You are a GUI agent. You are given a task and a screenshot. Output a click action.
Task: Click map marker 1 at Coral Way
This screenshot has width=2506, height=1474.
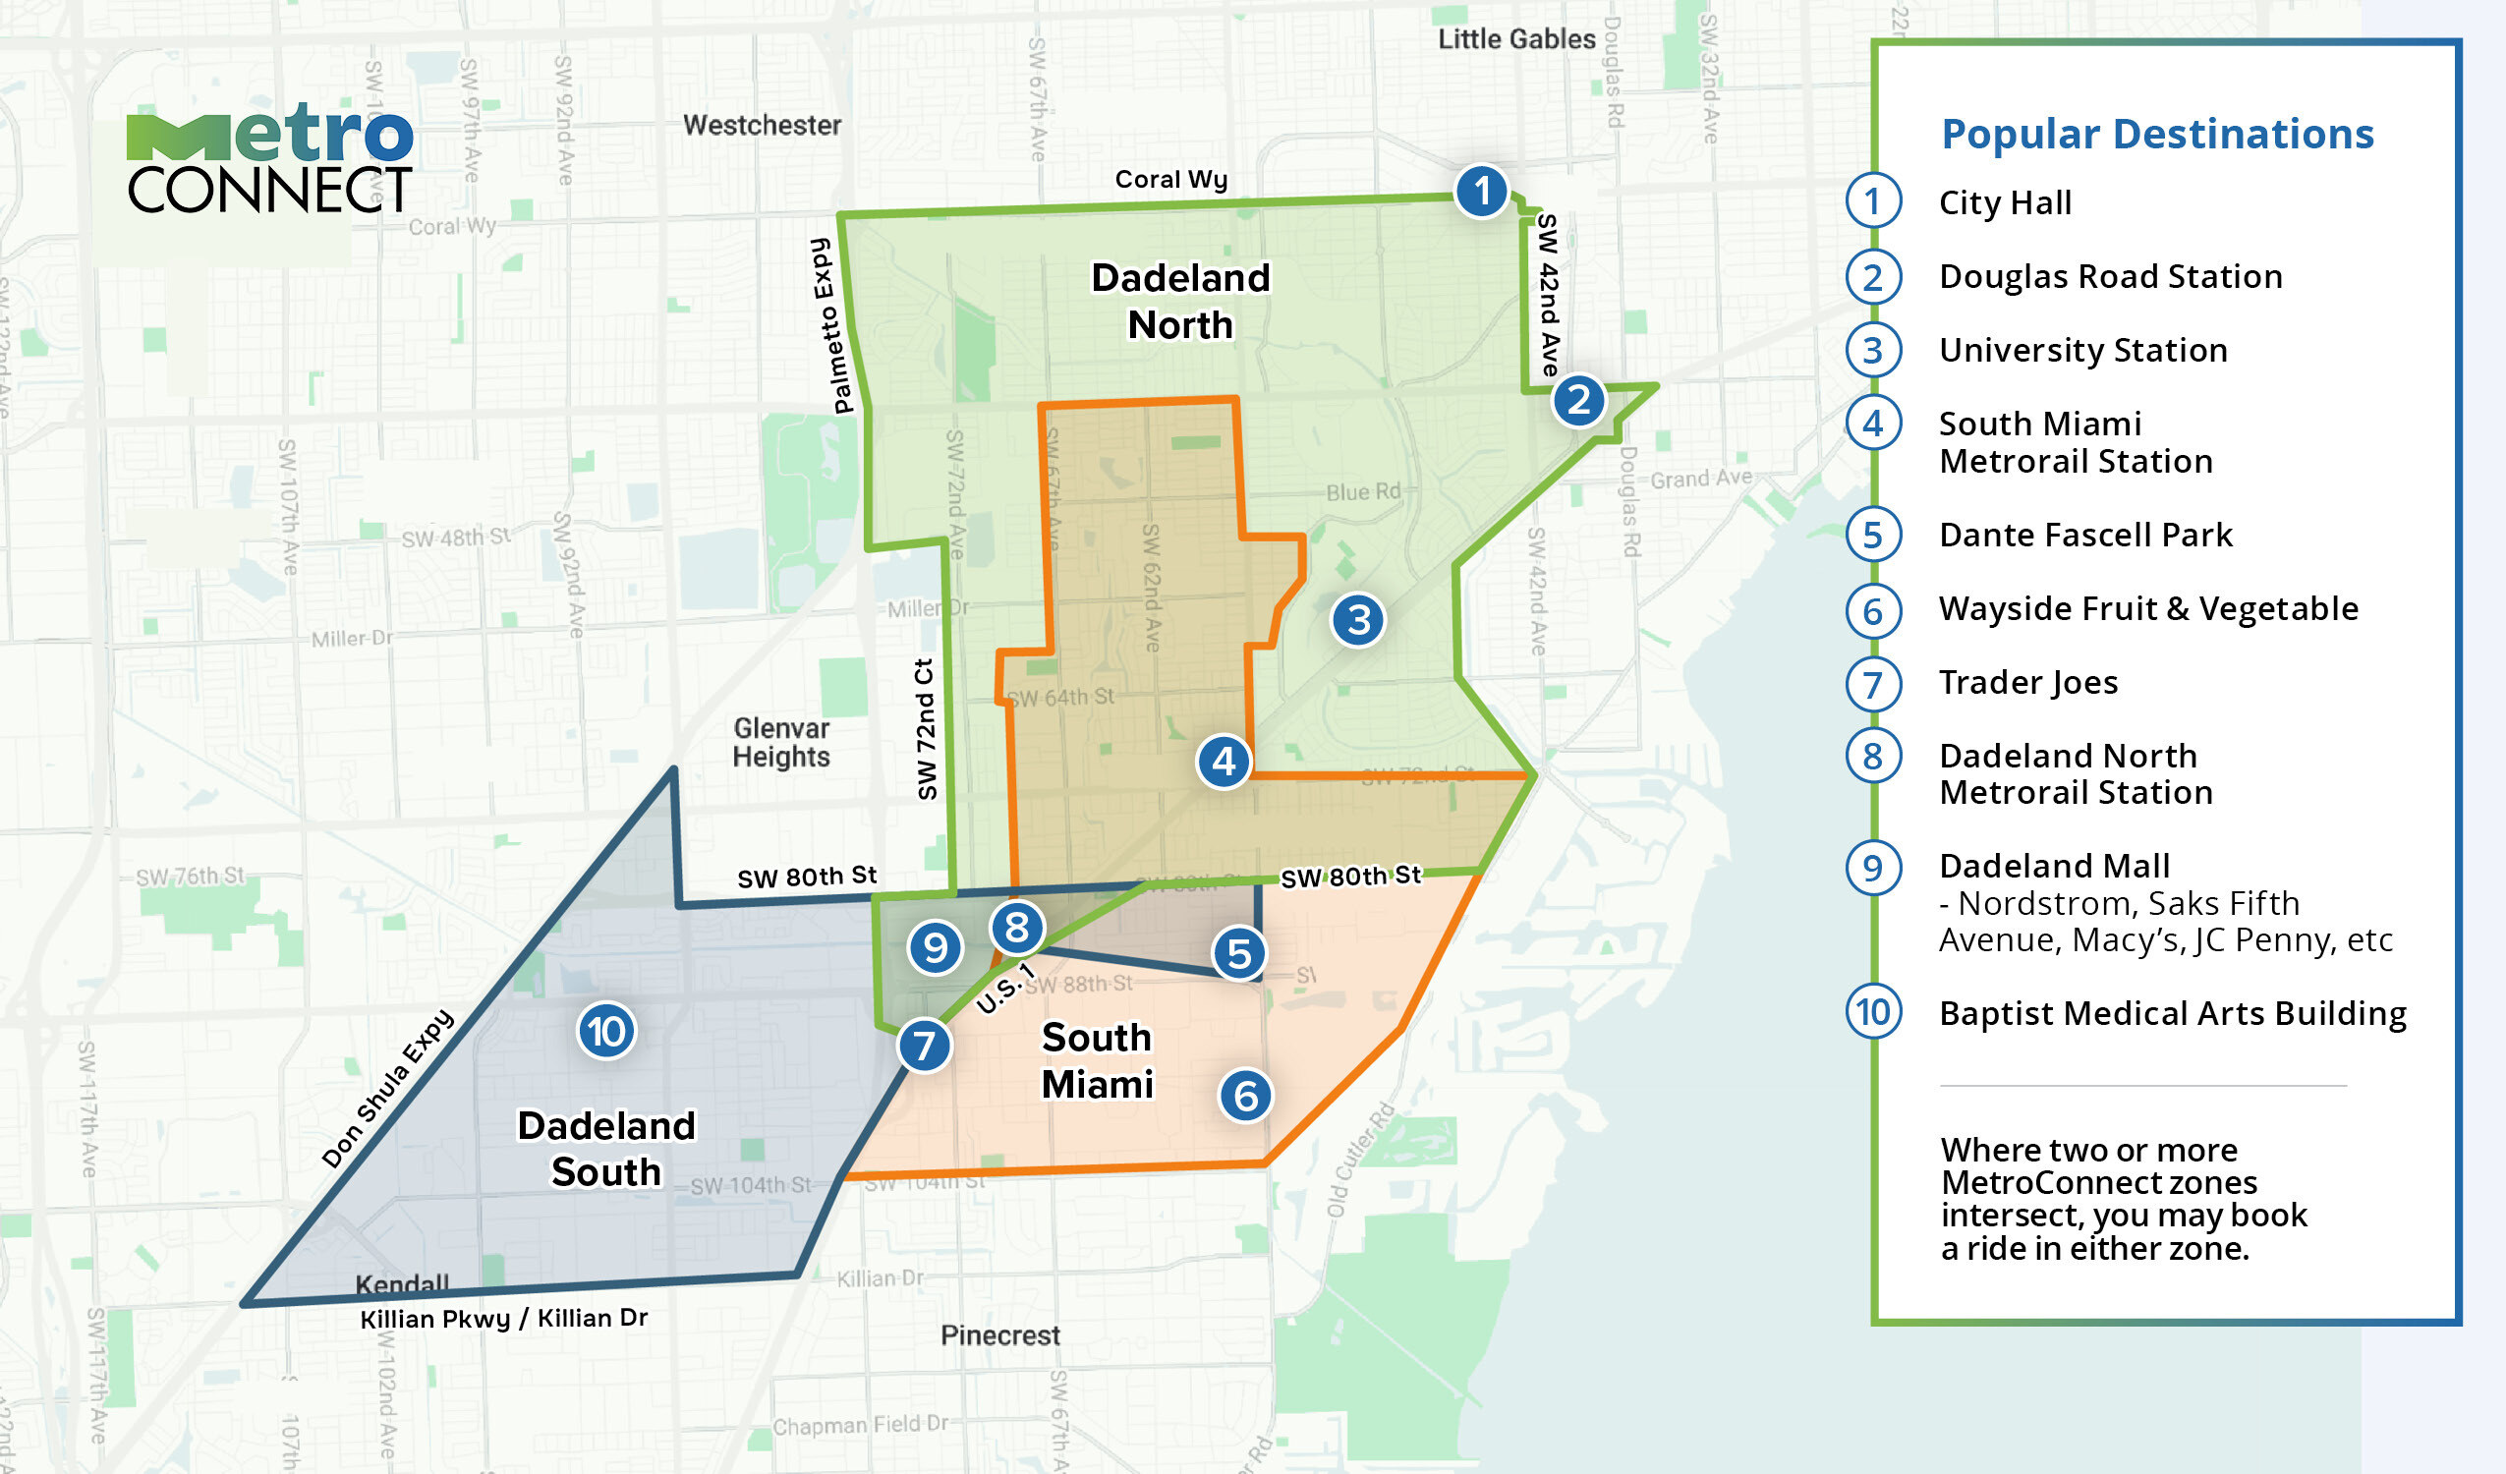tap(1482, 191)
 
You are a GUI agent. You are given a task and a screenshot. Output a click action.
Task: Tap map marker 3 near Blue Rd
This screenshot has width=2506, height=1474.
tap(1358, 620)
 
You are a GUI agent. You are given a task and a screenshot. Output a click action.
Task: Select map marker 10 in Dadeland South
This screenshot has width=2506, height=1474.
tap(606, 1032)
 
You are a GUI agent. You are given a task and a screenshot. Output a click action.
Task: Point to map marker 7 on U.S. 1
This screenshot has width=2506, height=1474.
tap(925, 1046)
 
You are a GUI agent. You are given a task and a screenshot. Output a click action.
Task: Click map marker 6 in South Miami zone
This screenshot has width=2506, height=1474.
tap(1245, 1096)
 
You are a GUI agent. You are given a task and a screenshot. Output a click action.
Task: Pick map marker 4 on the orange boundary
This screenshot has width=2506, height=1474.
tap(1224, 762)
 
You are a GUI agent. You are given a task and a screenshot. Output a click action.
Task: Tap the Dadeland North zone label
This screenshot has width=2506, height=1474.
tap(1180, 302)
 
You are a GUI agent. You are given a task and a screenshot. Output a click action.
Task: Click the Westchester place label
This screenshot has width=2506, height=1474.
tap(762, 126)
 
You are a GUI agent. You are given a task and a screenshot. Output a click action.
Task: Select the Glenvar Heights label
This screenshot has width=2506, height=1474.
tap(780, 743)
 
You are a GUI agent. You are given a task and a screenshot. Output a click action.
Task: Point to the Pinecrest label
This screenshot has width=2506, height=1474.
tap(999, 1334)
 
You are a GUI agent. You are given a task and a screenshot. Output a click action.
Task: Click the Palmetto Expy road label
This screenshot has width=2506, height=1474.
tap(832, 325)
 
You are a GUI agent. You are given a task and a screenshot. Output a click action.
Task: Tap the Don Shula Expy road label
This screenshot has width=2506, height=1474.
tap(388, 1089)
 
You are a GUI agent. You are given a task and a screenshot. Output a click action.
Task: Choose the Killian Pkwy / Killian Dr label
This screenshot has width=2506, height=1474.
tap(503, 1319)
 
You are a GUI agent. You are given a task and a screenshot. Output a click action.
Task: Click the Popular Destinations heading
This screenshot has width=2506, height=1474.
tap(2157, 134)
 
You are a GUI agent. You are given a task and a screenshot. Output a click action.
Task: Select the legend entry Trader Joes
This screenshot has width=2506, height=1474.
tap(2027, 682)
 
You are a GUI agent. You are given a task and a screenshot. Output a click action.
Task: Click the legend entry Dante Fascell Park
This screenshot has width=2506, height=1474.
tap(2085, 536)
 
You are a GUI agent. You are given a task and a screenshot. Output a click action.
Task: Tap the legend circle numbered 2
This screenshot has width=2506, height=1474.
tap(1873, 276)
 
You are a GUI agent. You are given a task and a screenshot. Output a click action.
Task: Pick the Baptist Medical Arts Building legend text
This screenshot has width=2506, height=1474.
tap(2172, 1012)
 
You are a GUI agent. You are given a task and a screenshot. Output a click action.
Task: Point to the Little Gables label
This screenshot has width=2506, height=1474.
tap(1515, 39)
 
